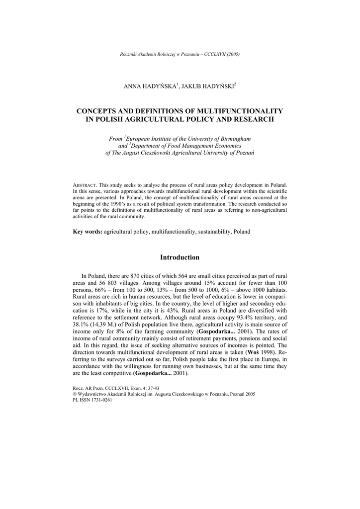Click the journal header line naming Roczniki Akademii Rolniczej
point(180,54)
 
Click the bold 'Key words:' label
point(88,232)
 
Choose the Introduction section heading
point(180,257)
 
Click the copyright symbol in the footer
point(75,394)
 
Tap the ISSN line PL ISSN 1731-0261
point(92,400)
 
